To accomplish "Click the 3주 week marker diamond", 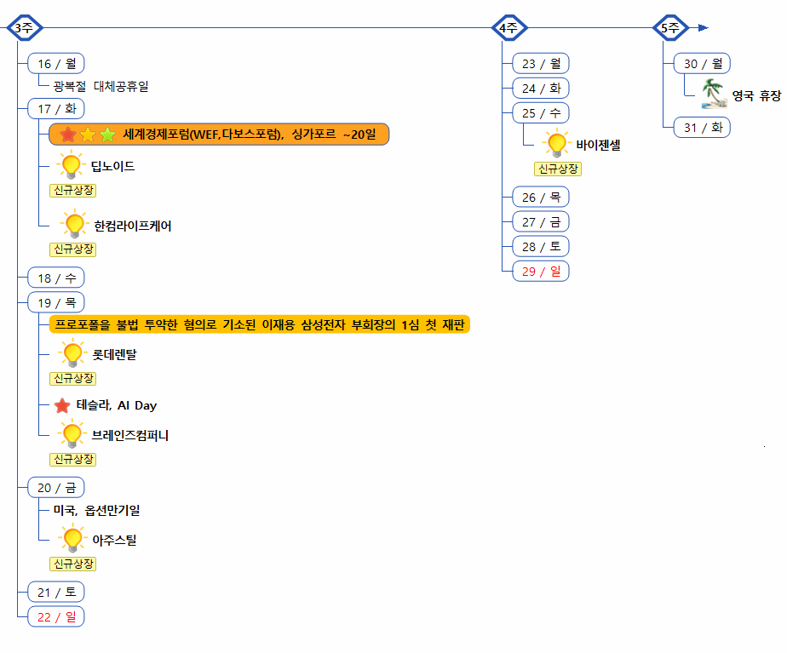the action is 24,28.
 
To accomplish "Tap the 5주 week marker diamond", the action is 670,28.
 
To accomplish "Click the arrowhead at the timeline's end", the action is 703,28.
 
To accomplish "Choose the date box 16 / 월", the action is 56,64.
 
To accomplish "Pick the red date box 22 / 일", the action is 56,617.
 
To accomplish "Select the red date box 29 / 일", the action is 541,271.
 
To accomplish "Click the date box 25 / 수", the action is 541,113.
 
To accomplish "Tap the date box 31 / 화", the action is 703,128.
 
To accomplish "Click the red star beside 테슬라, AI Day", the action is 62,406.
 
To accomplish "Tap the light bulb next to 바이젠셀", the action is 557,144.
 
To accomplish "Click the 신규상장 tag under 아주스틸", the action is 73,564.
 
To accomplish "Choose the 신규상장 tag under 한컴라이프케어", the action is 73,249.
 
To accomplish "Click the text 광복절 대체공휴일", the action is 101,87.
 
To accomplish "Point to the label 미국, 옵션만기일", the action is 95,511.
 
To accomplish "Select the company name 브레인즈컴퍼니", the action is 130,436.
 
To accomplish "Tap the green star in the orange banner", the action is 107,135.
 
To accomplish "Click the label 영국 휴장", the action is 756,95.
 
